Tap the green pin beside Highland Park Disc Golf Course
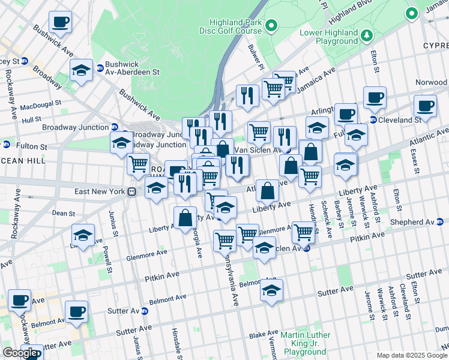pos(271,26)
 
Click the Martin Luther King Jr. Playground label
pos(306,343)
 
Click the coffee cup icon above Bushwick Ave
pos(59,22)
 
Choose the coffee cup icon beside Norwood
pos(426,106)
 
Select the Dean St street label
pos(63,213)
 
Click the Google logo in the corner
pos(20,353)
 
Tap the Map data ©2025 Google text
pos(412,355)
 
